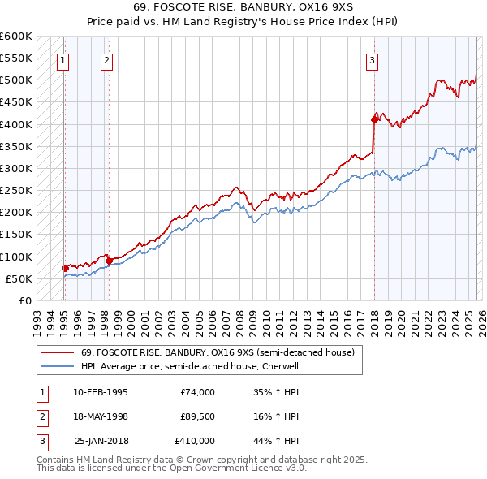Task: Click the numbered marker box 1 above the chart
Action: [63, 58]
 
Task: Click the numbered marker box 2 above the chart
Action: [107, 58]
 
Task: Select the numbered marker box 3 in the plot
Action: [372, 58]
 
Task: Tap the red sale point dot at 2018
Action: [374, 119]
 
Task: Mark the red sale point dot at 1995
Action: [65, 268]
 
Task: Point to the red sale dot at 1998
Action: [109, 261]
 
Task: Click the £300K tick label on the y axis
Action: [16, 168]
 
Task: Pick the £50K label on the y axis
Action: [19, 278]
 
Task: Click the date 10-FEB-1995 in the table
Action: [100, 392]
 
